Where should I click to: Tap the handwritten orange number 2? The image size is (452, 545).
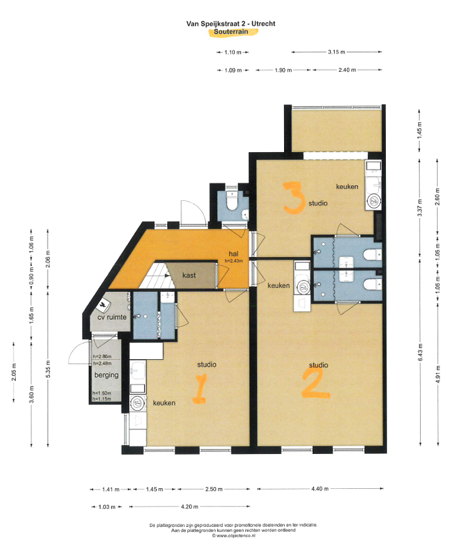315,383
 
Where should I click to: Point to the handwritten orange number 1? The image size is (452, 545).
200,388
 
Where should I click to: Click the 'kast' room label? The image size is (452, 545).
189,275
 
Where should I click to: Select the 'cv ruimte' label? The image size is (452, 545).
112,317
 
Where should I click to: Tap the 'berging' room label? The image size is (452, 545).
107,375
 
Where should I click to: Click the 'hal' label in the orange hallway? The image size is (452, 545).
233,254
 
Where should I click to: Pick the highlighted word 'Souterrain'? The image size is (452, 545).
231,32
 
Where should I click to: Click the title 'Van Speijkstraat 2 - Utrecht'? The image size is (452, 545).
231,24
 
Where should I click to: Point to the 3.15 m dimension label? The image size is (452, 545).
337,52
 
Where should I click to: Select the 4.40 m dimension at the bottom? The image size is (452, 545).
320,489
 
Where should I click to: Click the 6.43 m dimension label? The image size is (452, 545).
420,352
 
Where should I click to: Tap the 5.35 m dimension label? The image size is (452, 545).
48,369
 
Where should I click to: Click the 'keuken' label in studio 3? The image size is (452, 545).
347,186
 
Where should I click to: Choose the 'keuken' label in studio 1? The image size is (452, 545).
164,403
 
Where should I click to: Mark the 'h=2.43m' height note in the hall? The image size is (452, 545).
233,261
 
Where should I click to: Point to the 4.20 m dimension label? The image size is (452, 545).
190,507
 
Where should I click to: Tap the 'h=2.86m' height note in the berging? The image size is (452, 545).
102,357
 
